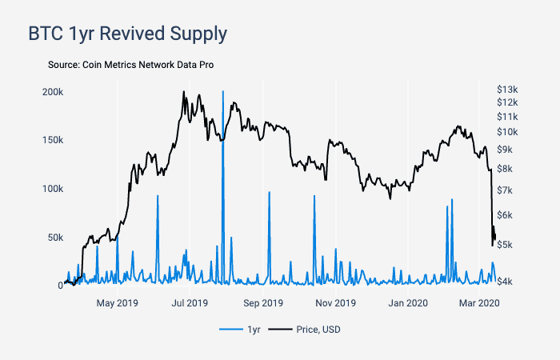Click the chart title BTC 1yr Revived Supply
127,34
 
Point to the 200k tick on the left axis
53,92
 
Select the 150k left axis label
53,140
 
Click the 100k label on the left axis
53,189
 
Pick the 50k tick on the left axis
54,238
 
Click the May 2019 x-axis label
117,303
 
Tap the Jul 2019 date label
190,303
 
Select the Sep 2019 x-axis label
262,303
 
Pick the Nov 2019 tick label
335,303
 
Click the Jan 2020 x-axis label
407,303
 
